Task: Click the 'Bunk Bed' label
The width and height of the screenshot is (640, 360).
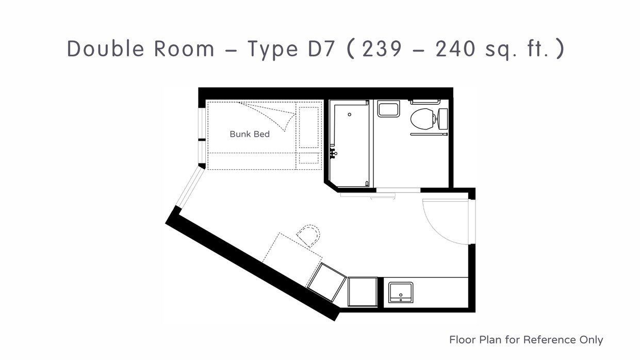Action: click(x=250, y=134)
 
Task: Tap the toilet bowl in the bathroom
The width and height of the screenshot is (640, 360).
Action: click(x=422, y=118)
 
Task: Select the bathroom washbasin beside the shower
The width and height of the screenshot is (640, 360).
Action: click(x=388, y=109)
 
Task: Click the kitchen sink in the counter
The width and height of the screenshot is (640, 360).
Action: click(x=401, y=292)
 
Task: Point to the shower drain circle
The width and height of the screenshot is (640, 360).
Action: click(x=350, y=114)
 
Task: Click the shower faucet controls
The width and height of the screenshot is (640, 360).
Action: click(x=333, y=153)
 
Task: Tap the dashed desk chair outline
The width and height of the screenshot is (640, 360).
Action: click(x=308, y=235)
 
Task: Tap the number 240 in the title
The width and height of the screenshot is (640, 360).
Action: click(x=456, y=48)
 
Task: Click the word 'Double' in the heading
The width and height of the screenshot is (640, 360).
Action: click(x=106, y=48)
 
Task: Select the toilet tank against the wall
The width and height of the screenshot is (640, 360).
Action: click(x=443, y=119)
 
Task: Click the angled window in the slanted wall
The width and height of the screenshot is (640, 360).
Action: click(x=190, y=187)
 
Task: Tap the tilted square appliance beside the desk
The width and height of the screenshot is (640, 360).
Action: click(x=326, y=282)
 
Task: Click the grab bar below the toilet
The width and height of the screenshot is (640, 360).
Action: click(x=429, y=134)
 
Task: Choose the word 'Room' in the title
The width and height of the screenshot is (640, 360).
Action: click(x=184, y=48)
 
